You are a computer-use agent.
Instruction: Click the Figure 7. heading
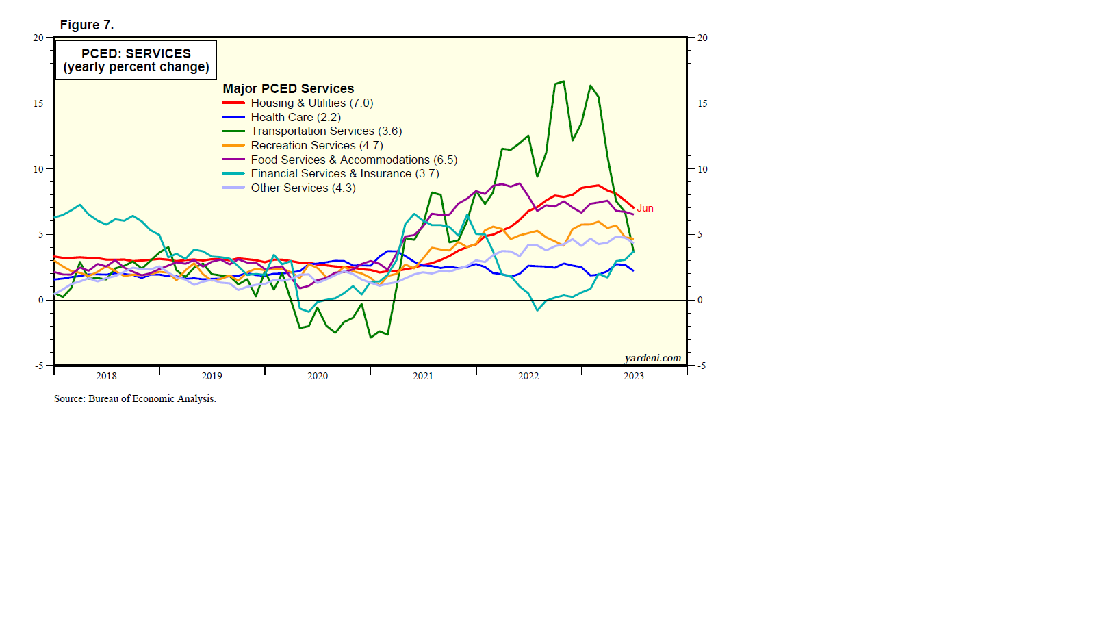click(87, 25)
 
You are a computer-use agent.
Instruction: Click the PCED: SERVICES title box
click(136, 60)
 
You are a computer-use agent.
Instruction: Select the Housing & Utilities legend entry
click(311, 103)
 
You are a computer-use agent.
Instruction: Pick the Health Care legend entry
click(296, 118)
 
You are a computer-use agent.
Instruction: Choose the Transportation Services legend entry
click(326, 131)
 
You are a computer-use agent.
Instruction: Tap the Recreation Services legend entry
click(316, 146)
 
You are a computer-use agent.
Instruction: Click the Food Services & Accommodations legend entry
click(353, 160)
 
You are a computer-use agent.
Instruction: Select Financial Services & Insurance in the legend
click(344, 174)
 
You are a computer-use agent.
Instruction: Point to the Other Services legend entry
click(303, 188)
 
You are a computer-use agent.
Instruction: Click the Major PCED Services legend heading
click(288, 89)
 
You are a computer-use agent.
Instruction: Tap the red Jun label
click(645, 209)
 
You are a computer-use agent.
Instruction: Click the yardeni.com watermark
click(652, 358)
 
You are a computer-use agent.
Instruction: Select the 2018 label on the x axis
click(106, 376)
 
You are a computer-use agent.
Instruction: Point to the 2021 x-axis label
click(423, 376)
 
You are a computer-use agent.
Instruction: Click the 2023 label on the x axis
click(634, 376)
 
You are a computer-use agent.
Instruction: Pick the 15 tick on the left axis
click(38, 103)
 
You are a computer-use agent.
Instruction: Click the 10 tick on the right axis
click(702, 169)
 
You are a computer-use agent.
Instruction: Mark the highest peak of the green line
click(563, 81)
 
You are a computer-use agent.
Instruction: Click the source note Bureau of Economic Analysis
click(135, 398)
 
